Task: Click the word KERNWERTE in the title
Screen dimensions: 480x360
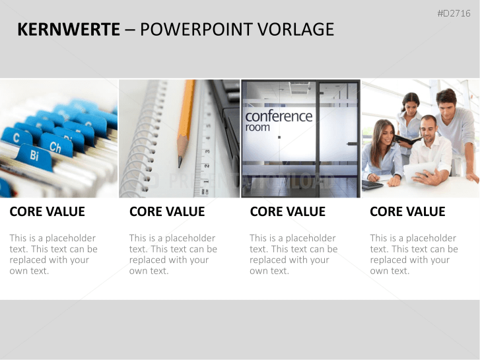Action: (69, 30)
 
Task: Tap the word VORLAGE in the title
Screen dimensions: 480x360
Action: (295, 30)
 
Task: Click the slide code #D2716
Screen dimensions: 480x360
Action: (454, 13)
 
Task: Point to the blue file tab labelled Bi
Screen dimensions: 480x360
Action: (34, 157)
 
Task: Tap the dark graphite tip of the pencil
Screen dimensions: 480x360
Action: (180, 162)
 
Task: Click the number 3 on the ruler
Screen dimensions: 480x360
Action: (207, 151)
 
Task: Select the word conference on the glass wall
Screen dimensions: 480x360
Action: (279, 116)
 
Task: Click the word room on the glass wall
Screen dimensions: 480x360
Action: (257, 127)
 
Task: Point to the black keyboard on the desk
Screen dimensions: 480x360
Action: (372, 184)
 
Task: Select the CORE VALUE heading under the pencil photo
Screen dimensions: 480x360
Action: (167, 211)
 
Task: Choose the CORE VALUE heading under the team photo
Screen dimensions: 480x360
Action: (407, 211)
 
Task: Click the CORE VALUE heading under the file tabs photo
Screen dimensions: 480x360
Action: (47, 211)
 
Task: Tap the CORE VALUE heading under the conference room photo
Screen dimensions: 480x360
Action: (287, 211)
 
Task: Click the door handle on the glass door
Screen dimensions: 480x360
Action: (353, 143)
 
